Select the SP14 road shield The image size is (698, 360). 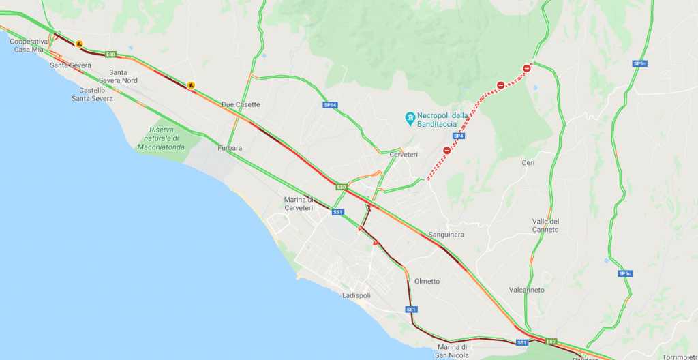tap(330, 105)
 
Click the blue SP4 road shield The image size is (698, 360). tap(459, 136)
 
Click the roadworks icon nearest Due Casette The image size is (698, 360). tap(192, 85)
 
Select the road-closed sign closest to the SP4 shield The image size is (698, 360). tap(446, 151)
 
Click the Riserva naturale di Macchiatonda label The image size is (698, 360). tap(162, 138)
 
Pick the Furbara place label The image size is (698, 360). tap(230, 148)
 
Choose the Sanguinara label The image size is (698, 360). tap(446, 235)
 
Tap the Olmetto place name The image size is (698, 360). tap(427, 281)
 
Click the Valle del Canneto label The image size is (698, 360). tap(545, 225)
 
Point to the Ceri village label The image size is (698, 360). tap(528, 162)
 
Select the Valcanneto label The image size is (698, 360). tap(526, 290)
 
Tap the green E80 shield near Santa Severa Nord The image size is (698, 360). tap(110, 54)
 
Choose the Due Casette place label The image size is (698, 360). tap(241, 104)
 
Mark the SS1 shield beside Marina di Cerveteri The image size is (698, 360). tap(337, 212)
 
